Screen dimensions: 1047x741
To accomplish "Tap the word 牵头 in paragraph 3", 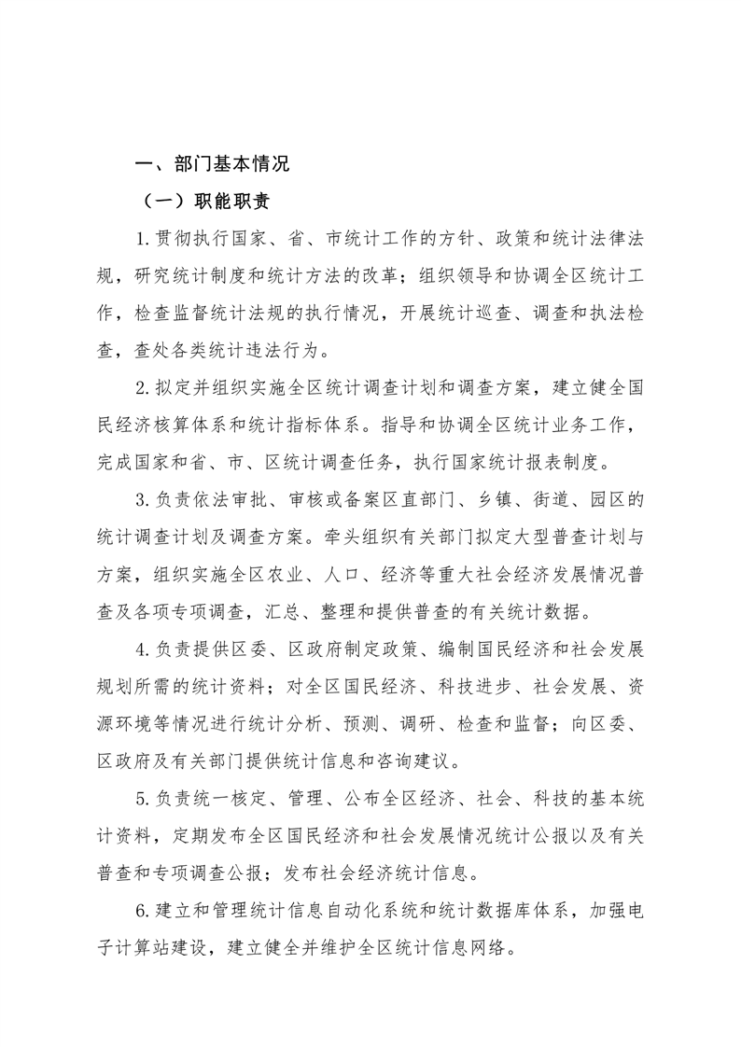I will click(372, 537).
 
